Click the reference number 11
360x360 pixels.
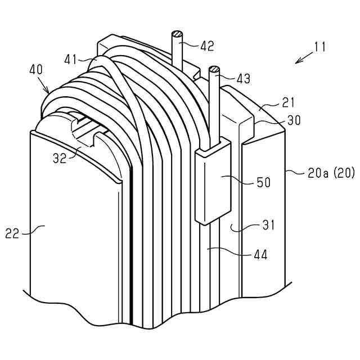click(320, 47)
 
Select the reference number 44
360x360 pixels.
click(259, 254)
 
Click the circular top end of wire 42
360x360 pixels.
click(177, 35)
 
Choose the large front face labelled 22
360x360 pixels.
click(73, 236)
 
